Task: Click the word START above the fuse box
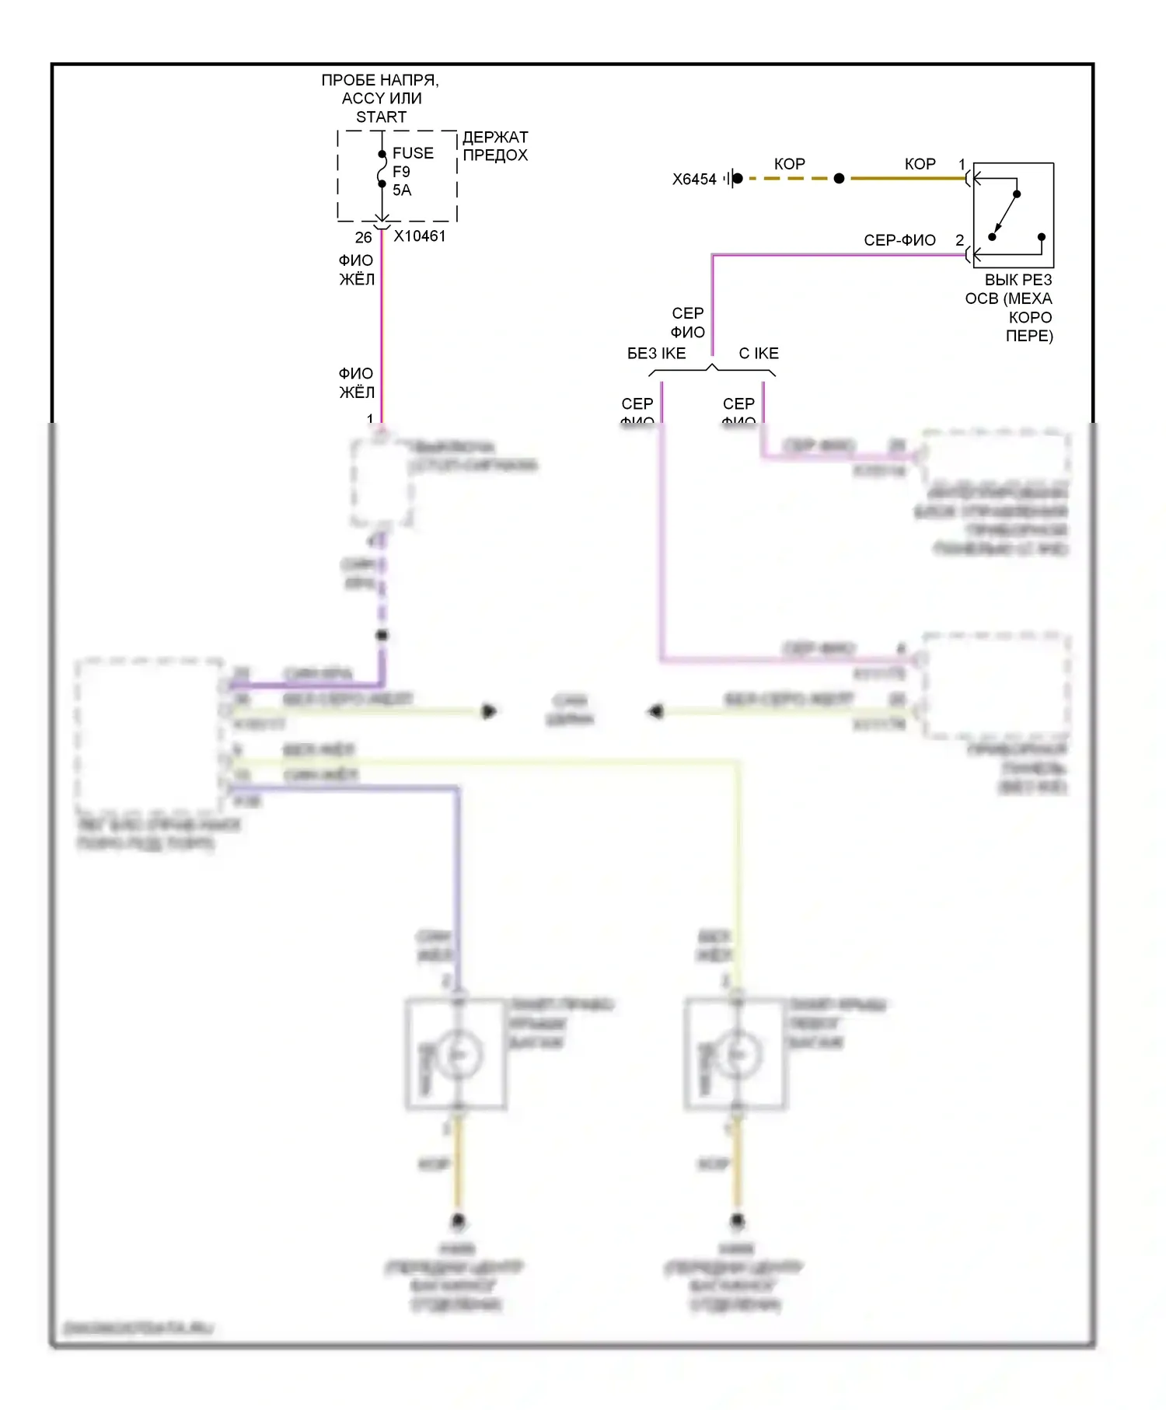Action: point(381,117)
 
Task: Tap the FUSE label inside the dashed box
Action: point(413,153)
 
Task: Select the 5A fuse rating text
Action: point(402,190)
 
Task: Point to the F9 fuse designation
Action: point(401,172)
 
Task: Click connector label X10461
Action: point(420,236)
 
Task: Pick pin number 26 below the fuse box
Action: point(363,237)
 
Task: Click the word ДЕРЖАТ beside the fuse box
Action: point(495,138)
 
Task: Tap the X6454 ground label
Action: point(694,180)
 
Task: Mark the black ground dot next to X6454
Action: point(738,179)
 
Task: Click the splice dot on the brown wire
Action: point(839,179)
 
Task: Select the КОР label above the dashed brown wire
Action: point(789,164)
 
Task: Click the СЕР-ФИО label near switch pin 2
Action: point(899,240)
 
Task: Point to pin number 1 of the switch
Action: point(962,164)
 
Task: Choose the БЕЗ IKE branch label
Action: point(656,354)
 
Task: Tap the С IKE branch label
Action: point(758,354)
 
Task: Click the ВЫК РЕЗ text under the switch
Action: point(1018,281)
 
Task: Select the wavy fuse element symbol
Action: point(382,169)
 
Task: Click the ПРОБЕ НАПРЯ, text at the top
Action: point(380,80)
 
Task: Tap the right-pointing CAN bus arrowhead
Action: point(489,711)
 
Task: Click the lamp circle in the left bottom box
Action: point(459,1055)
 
